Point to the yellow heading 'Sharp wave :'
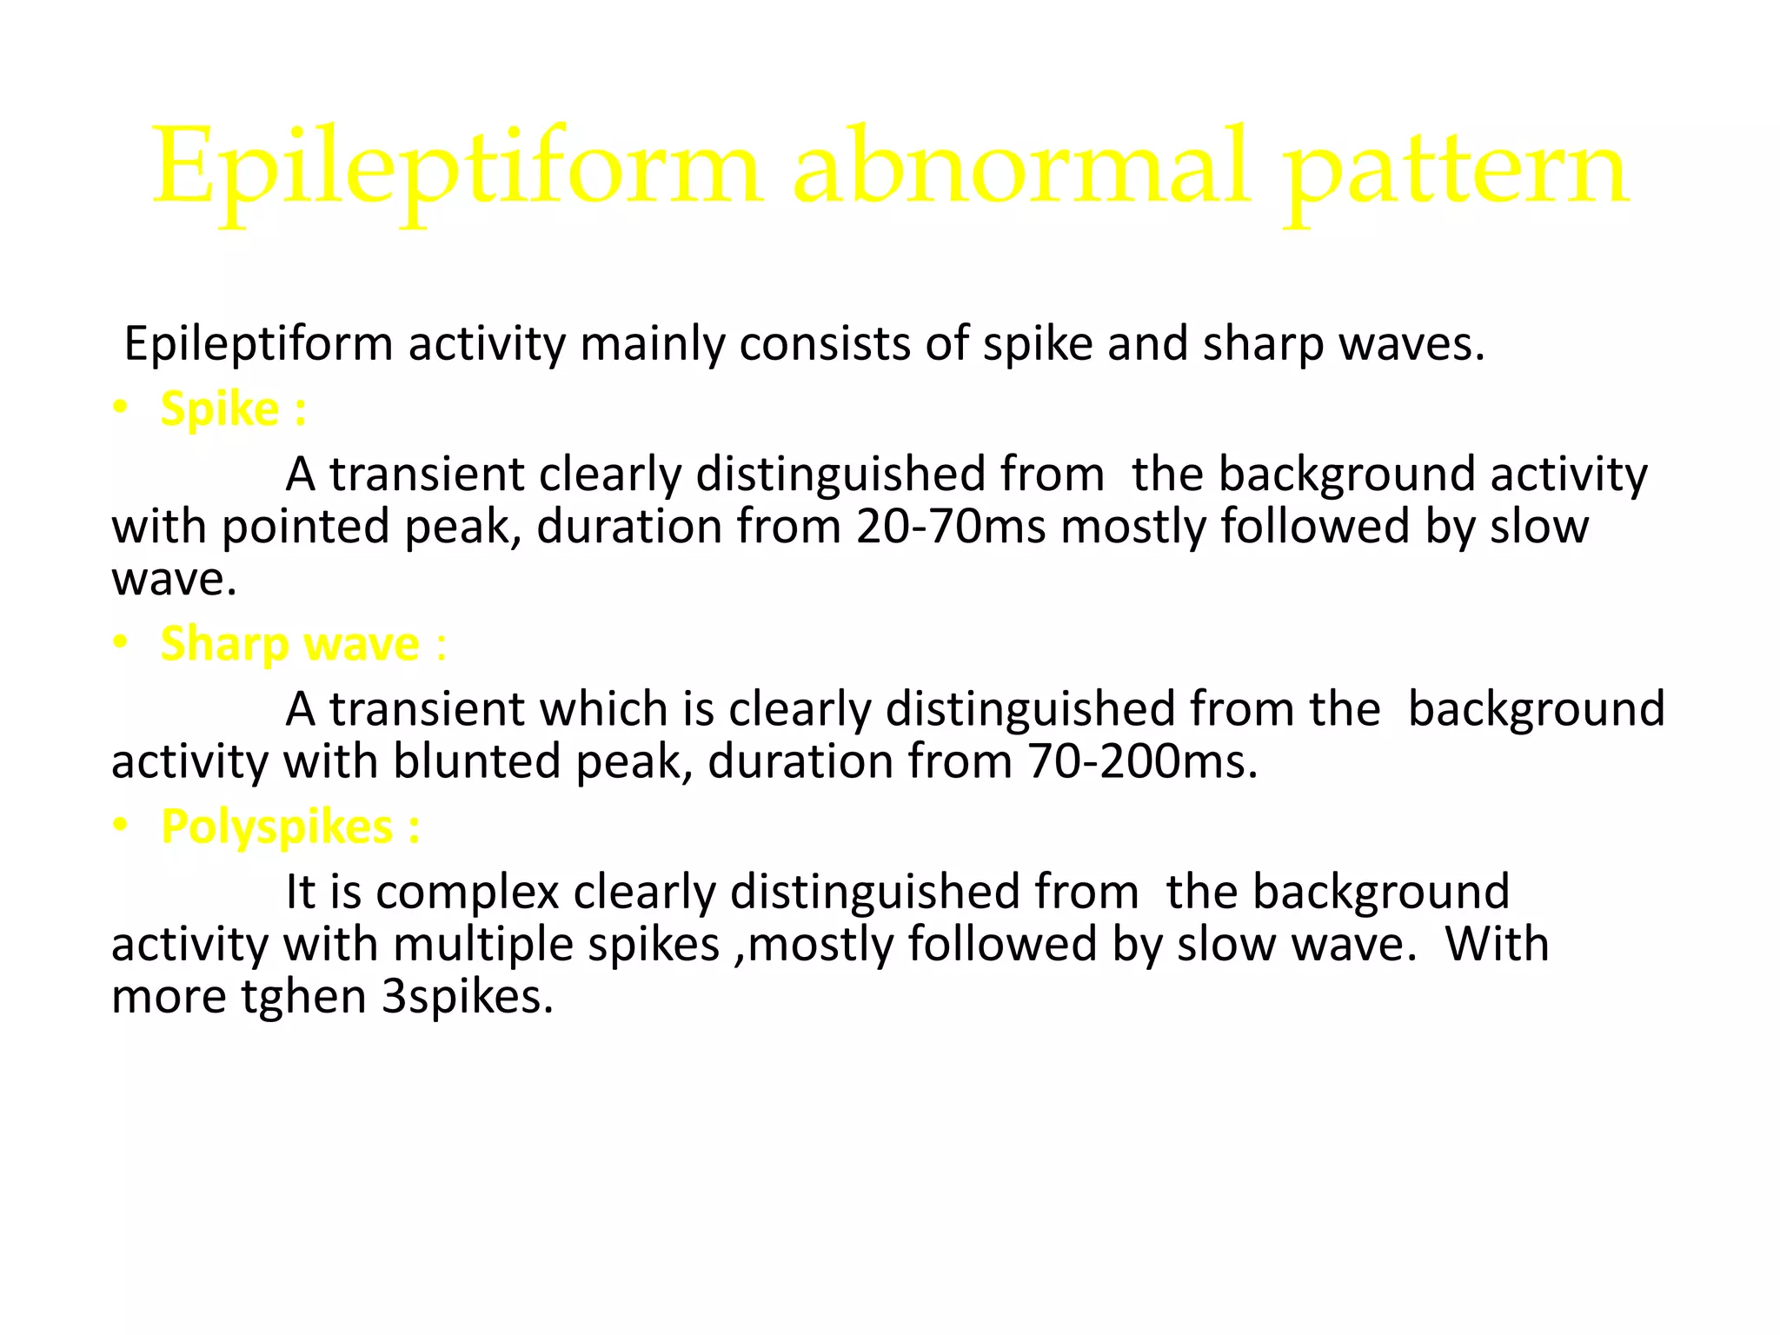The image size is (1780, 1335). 303,644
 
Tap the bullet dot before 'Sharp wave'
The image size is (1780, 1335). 121,643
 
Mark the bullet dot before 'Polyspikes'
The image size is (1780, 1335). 121,826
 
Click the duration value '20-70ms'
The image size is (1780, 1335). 951,527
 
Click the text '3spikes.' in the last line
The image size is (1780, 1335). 468,997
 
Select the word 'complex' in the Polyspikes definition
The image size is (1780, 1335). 468,893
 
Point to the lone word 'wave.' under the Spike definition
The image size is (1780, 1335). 174,579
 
